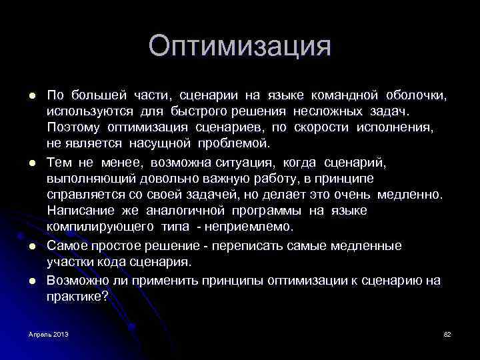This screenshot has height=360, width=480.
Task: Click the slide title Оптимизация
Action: (239, 47)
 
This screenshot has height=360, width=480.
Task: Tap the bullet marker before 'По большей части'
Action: (31, 95)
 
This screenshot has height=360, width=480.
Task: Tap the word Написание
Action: (79, 211)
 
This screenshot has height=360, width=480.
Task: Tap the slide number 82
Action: (447, 333)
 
